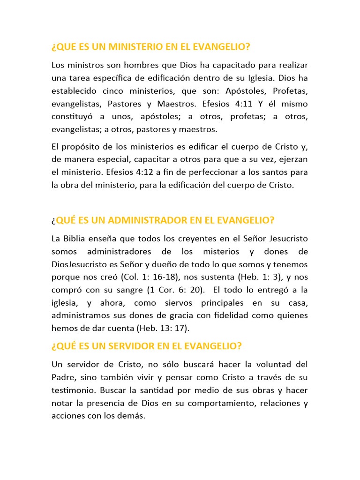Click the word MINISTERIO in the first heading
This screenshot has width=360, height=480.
point(135,47)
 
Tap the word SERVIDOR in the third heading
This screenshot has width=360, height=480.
point(122,346)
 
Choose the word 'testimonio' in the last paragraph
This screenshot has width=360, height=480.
point(73,390)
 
